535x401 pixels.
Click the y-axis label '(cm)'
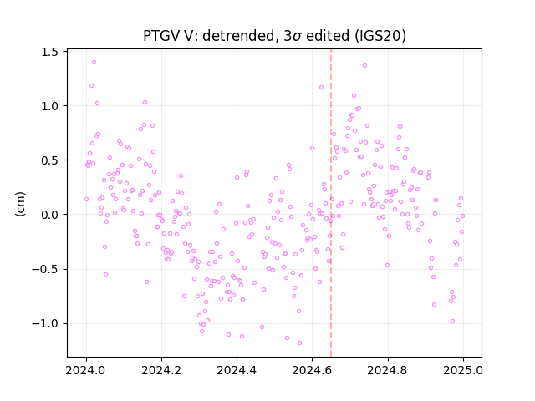[20, 204]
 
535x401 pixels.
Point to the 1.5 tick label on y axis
[49, 52]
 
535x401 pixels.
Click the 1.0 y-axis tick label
[49, 106]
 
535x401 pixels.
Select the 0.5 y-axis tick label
[49, 160]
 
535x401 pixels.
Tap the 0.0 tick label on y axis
[49, 215]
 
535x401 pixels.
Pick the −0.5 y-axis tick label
[44, 269]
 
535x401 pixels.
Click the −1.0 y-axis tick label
[44, 323]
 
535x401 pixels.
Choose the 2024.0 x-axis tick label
[86, 370]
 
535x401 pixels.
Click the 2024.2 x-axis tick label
[161, 370]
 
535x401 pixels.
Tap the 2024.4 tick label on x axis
[237, 370]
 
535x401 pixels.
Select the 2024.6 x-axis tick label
[312, 370]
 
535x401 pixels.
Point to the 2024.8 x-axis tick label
[387, 370]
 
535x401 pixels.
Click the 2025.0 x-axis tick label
[463, 370]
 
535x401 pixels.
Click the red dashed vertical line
[331, 203]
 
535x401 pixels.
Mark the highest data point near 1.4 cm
[94, 63]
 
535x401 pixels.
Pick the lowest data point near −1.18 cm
[299, 343]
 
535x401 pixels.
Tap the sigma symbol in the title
[297, 37]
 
